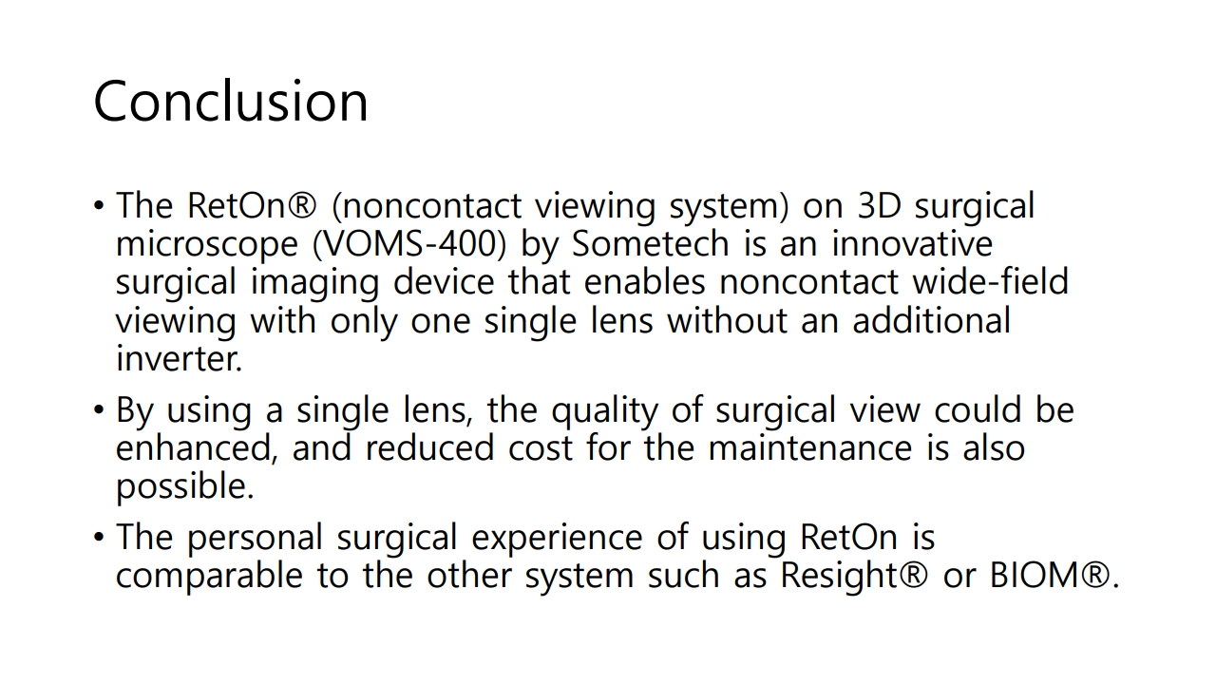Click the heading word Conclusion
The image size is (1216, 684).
point(231,101)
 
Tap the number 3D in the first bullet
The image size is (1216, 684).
point(879,206)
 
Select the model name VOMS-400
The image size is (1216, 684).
point(409,244)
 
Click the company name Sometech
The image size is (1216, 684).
point(651,244)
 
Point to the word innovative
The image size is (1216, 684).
point(912,244)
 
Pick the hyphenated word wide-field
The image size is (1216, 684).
point(990,282)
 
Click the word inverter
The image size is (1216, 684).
point(180,358)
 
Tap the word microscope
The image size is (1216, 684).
point(207,245)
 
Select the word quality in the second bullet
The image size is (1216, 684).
point(605,411)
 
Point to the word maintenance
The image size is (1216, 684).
point(810,448)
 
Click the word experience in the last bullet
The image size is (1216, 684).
point(557,539)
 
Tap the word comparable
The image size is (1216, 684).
point(210,577)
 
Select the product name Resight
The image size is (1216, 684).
point(839,577)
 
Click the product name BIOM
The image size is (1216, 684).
point(1035,575)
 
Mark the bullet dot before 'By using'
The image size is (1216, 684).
point(98,409)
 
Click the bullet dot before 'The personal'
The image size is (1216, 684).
point(98,538)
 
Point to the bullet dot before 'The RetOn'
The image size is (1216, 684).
point(98,206)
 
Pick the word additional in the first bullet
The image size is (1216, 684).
point(932,320)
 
